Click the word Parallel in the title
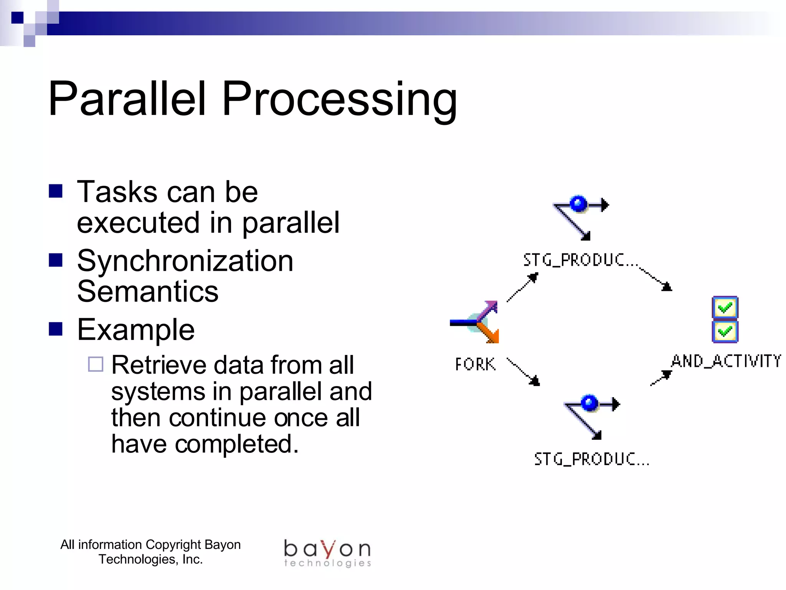127,99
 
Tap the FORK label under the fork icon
475,364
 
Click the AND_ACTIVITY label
726,361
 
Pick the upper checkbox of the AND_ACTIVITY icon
725,307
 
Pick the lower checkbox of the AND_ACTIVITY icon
725,331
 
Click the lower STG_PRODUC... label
591,459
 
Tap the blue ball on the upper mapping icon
578,204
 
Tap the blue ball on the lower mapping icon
589,403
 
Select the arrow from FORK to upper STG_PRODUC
523,287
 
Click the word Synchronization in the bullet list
185,261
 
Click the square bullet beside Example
56,329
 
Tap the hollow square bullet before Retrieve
96,364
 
